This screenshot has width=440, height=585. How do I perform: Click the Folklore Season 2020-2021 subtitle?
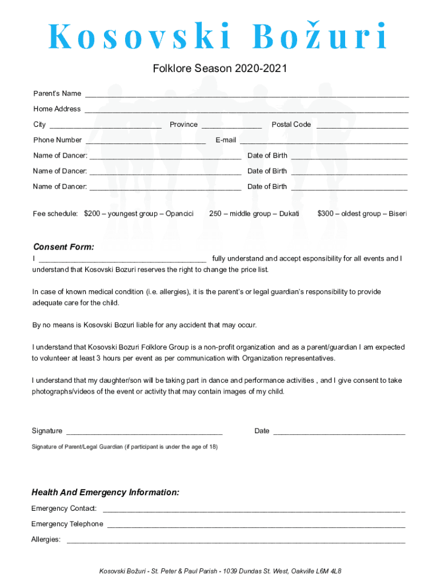point(219,69)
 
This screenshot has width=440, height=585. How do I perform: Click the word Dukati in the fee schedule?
point(289,214)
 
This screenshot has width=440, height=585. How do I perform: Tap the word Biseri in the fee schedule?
point(398,214)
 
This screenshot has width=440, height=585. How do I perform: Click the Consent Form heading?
point(63,247)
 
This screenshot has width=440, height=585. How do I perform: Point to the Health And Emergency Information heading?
point(105,492)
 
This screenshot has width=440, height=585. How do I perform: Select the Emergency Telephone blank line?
point(256,525)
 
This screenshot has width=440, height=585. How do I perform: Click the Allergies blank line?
point(235,540)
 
